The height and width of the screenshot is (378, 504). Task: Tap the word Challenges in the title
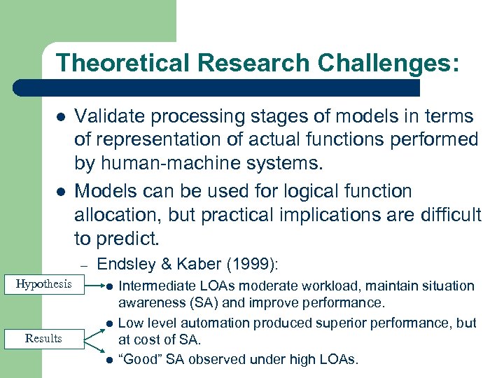[x=388, y=63]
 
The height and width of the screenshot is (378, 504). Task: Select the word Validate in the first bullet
[x=109, y=116]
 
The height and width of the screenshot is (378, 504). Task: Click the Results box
[x=43, y=339]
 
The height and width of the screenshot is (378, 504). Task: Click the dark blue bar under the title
[x=217, y=87]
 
